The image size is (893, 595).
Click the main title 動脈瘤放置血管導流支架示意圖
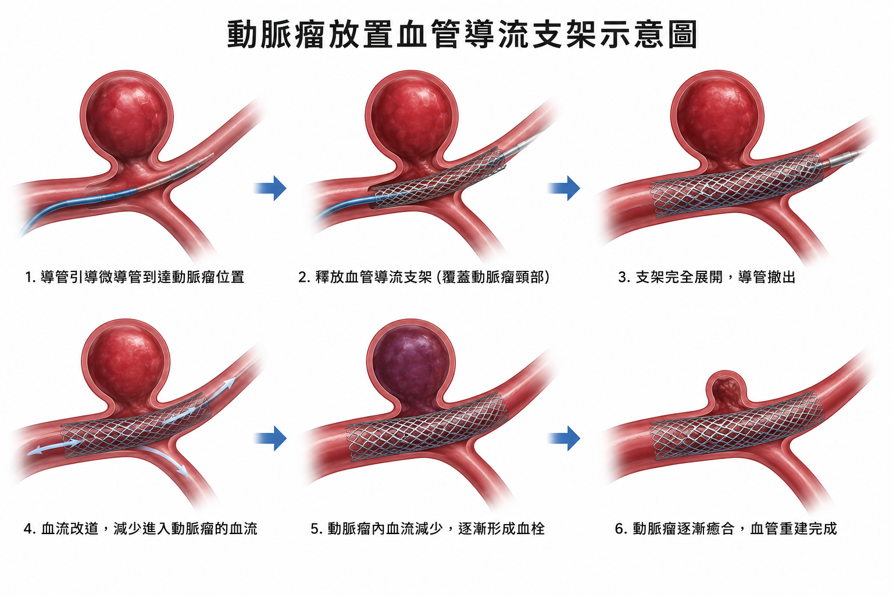click(x=462, y=35)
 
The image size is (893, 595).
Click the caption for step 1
click(x=134, y=277)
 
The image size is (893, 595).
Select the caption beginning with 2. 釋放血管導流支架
click(x=424, y=277)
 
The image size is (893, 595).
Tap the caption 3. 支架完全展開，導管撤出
click(x=707, y=277)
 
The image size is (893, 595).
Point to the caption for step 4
click(x=140, y=528)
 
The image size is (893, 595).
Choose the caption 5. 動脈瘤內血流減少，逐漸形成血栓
click(x=428, y=528)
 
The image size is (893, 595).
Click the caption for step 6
click(x=726, y=528)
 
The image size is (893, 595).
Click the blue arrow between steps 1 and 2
click(x=270, y=188)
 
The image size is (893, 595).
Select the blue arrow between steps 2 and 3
click(x=564, y=188)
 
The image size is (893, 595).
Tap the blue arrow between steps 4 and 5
click(x=270, y=438)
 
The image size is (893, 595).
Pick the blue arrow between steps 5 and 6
click(x=564, y=438)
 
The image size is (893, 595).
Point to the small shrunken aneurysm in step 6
click(x=726, y=393)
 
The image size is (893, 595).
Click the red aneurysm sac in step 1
click(x=127, y=118)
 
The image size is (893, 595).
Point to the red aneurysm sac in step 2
click(x=412, y=118)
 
